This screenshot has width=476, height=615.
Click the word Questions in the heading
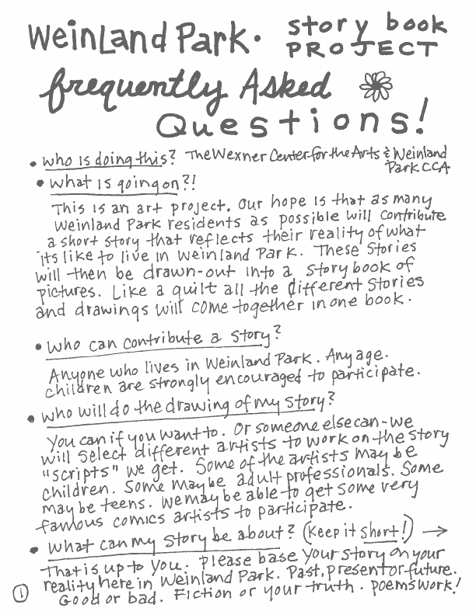tap(292, 123)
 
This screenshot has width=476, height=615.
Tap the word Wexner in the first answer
tap(246, 155)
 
